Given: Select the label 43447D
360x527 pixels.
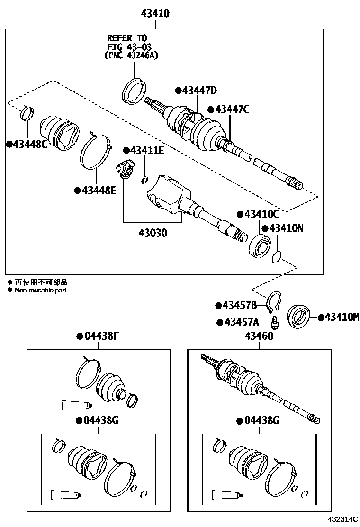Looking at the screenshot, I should click(x=198, y=91).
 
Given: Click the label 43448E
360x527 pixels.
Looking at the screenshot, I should click(x=98, y=191).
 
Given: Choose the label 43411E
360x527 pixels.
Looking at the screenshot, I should click(x=146, y=150).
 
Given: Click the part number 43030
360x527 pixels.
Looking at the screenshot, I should click(x=153, y=233).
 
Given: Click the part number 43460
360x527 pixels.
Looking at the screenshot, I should click(x=259, y=336).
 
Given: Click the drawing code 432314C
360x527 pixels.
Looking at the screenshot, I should click(x=343, y=520).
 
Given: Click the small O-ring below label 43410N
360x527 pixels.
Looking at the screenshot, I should click(x=277, y=257).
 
